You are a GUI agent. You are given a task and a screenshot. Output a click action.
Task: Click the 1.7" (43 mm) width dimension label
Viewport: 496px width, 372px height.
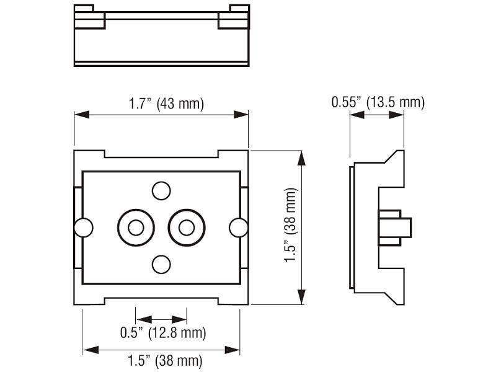(166, 104)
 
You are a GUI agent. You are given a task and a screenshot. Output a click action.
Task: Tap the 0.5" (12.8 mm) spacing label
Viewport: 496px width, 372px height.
(162, 333)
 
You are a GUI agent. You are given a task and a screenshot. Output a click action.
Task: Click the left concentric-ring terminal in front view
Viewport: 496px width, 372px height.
(135, 228)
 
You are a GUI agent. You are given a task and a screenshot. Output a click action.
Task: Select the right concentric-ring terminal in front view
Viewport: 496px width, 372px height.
(186, 228)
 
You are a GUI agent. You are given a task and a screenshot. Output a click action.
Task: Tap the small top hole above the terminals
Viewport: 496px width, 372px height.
(161, 190)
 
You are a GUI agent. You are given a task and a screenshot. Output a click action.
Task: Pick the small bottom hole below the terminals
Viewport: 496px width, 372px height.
(161, 264)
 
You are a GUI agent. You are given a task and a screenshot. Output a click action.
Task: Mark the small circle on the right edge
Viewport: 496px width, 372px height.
(238, 228)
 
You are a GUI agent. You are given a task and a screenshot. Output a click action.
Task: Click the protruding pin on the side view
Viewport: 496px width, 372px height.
(397, 227)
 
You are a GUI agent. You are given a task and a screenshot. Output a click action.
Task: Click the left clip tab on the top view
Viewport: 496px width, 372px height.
(89, 19)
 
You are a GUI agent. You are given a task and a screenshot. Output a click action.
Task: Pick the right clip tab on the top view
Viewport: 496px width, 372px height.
(234, 19)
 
